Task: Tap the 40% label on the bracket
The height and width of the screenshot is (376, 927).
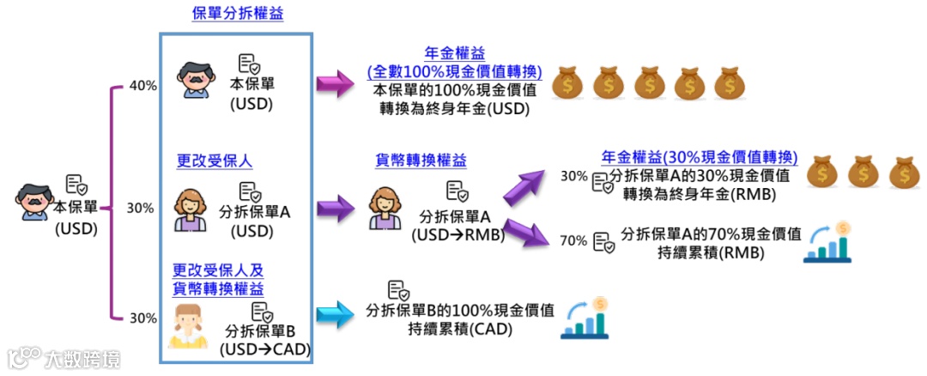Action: click(x=142, y=85)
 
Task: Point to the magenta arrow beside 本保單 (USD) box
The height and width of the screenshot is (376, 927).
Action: click(x=335, y=84)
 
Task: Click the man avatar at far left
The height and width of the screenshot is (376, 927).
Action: click(x=33, y=201)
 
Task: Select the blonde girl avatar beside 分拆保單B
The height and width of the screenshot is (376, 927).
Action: click(x=189, y=326)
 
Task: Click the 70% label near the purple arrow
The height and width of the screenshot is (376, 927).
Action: click(x=573, y=240)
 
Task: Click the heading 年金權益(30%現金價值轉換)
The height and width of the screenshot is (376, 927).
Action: click(x=700, y=159)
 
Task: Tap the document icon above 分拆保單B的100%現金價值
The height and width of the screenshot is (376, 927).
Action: click(x=397, y=290)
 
